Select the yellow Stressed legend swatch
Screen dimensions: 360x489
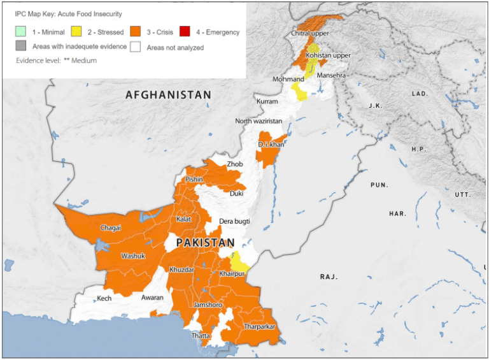click(77, 31)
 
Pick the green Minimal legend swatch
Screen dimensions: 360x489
click(21, 31)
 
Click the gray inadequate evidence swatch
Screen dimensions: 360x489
click(21, 47)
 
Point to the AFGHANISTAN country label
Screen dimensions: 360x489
click(168, 95)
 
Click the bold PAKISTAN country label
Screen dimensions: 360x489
click(205, 243)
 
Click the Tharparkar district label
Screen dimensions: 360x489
click(259, 327)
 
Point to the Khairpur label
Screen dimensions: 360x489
click(232, 274)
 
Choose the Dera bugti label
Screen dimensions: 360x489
click(234, 221)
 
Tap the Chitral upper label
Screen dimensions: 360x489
click(310, 33)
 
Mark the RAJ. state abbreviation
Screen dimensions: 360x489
click(329, 277)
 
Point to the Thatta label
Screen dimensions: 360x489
click(201, 335)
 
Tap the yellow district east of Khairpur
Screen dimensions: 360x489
click(239, 261)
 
